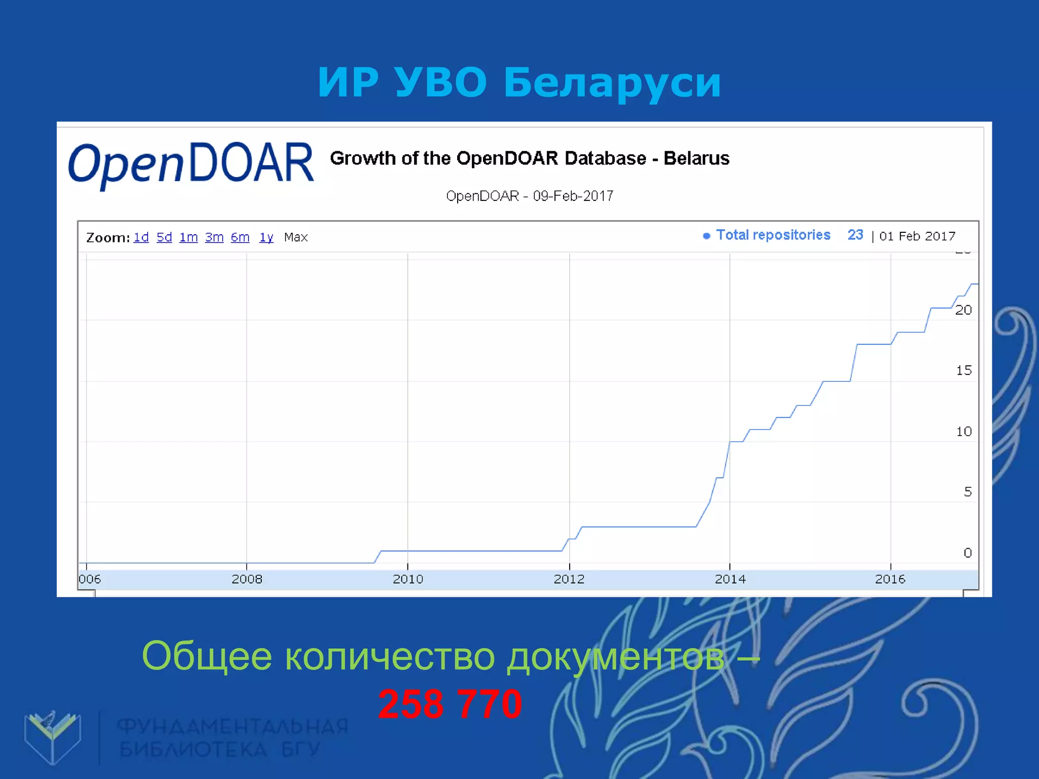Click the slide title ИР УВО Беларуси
[x=519, y=82]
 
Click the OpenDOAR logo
[x=191, y=163]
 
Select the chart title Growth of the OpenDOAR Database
[x=529, y=158]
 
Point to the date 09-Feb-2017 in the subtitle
[x=573, y=196]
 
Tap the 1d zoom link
[x=141, y=237]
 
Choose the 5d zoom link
[x=164, y=237]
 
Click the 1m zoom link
[x=188, y=237]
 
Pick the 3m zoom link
[x=214, y=237]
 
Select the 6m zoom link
[x=240, y=237]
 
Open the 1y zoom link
[x=266, y=237]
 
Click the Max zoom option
[x=296, y=237]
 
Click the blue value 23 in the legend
[x=855, y=235]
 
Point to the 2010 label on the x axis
[x=408, y=579]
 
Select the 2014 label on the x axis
[x=730, y=579]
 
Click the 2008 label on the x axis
[x=247, y=579]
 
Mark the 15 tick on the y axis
[x=964, y=371]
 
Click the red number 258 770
[x=450, y=704]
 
